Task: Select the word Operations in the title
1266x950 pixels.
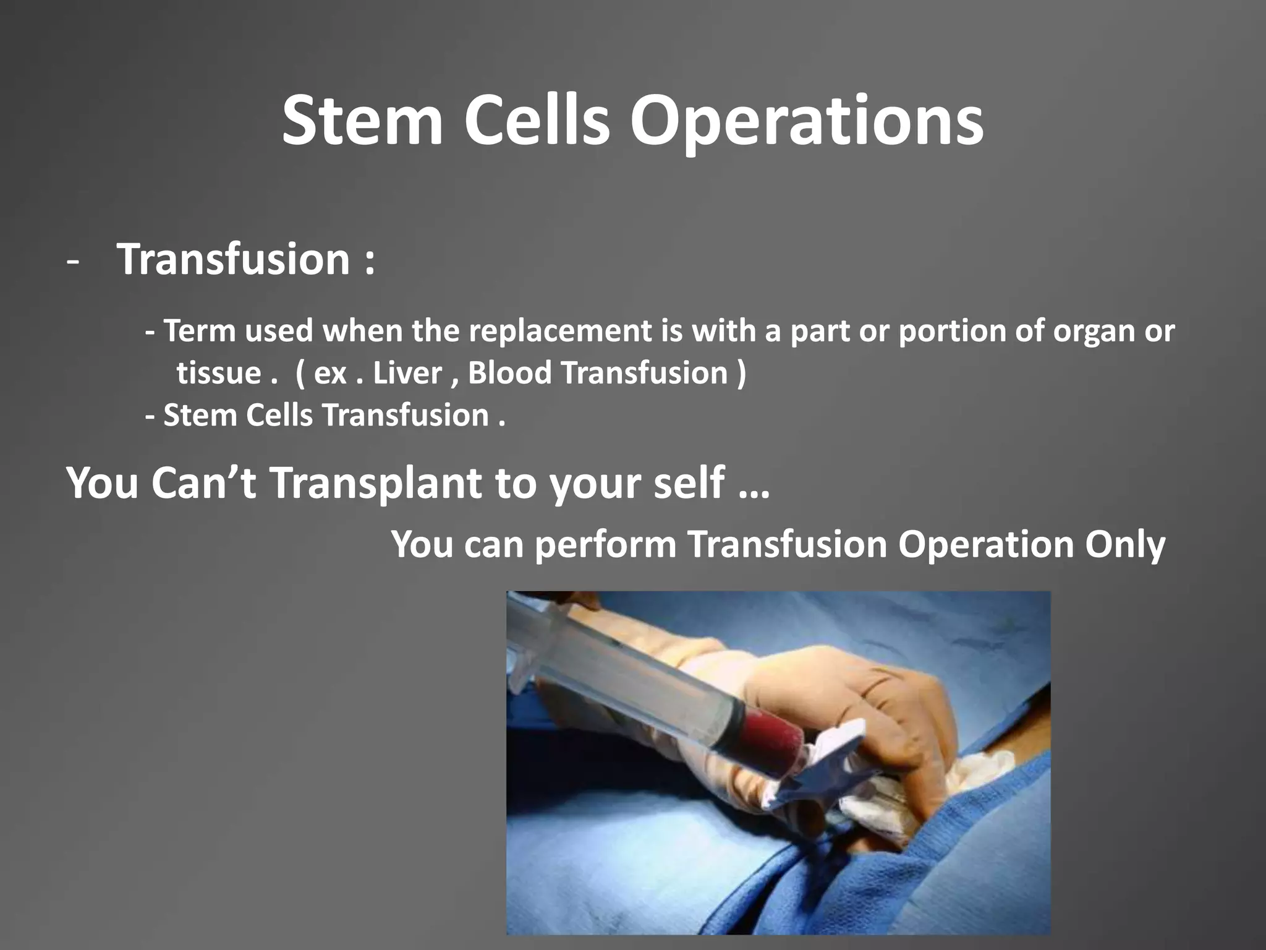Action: point(807,121)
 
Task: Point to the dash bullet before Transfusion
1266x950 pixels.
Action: point(73,262)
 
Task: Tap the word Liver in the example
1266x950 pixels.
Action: point(407,373)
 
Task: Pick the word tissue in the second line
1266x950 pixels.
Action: point(218,373)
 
